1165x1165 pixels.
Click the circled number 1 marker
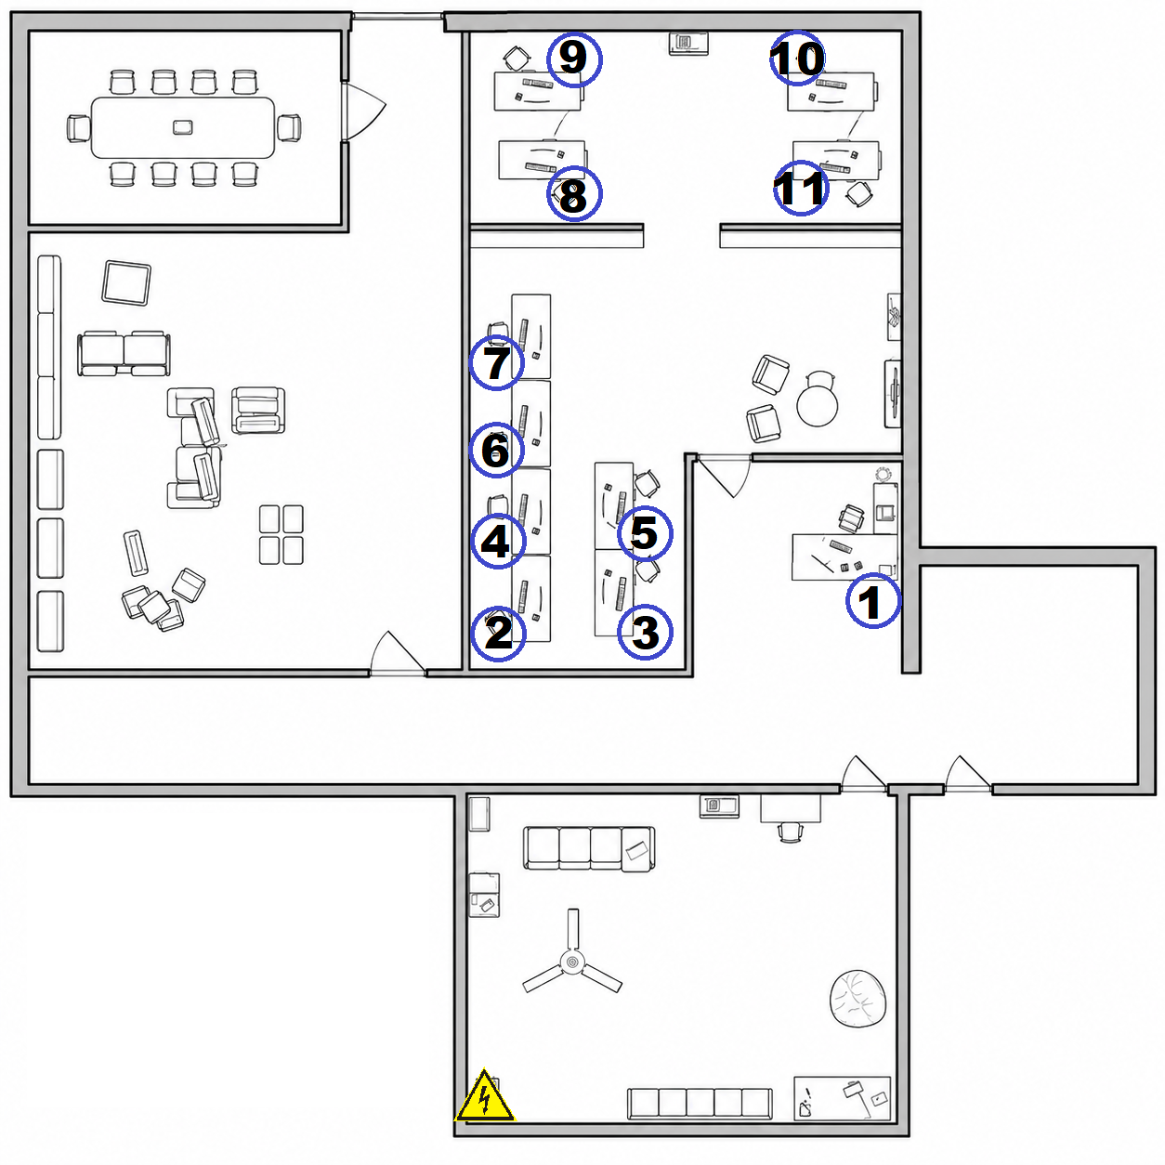coord(872,600)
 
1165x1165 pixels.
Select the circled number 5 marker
coord(645,533)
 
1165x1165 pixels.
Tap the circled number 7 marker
coord(497,362)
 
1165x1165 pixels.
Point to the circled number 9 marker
coord(574,59)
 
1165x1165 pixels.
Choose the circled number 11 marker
coord(801,188)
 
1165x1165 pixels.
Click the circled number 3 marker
coord(645,633)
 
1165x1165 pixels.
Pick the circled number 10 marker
coord(797,58)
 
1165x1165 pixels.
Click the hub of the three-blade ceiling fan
coord(572,962)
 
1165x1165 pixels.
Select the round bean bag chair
coord(857,999)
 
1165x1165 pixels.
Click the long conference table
coord(183,127)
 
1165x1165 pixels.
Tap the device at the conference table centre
coord(183,127)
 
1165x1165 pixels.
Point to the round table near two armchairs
coord(817,406)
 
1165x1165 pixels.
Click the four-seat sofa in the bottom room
coord(588,849)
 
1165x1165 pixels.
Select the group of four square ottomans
coord(281,534)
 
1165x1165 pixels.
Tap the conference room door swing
coord(364,110)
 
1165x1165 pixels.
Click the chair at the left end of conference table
coord(78,129)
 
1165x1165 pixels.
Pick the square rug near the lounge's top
coord(126,283)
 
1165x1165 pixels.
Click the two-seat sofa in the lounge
coord(124,353)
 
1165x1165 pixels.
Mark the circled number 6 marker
coord(496,450)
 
